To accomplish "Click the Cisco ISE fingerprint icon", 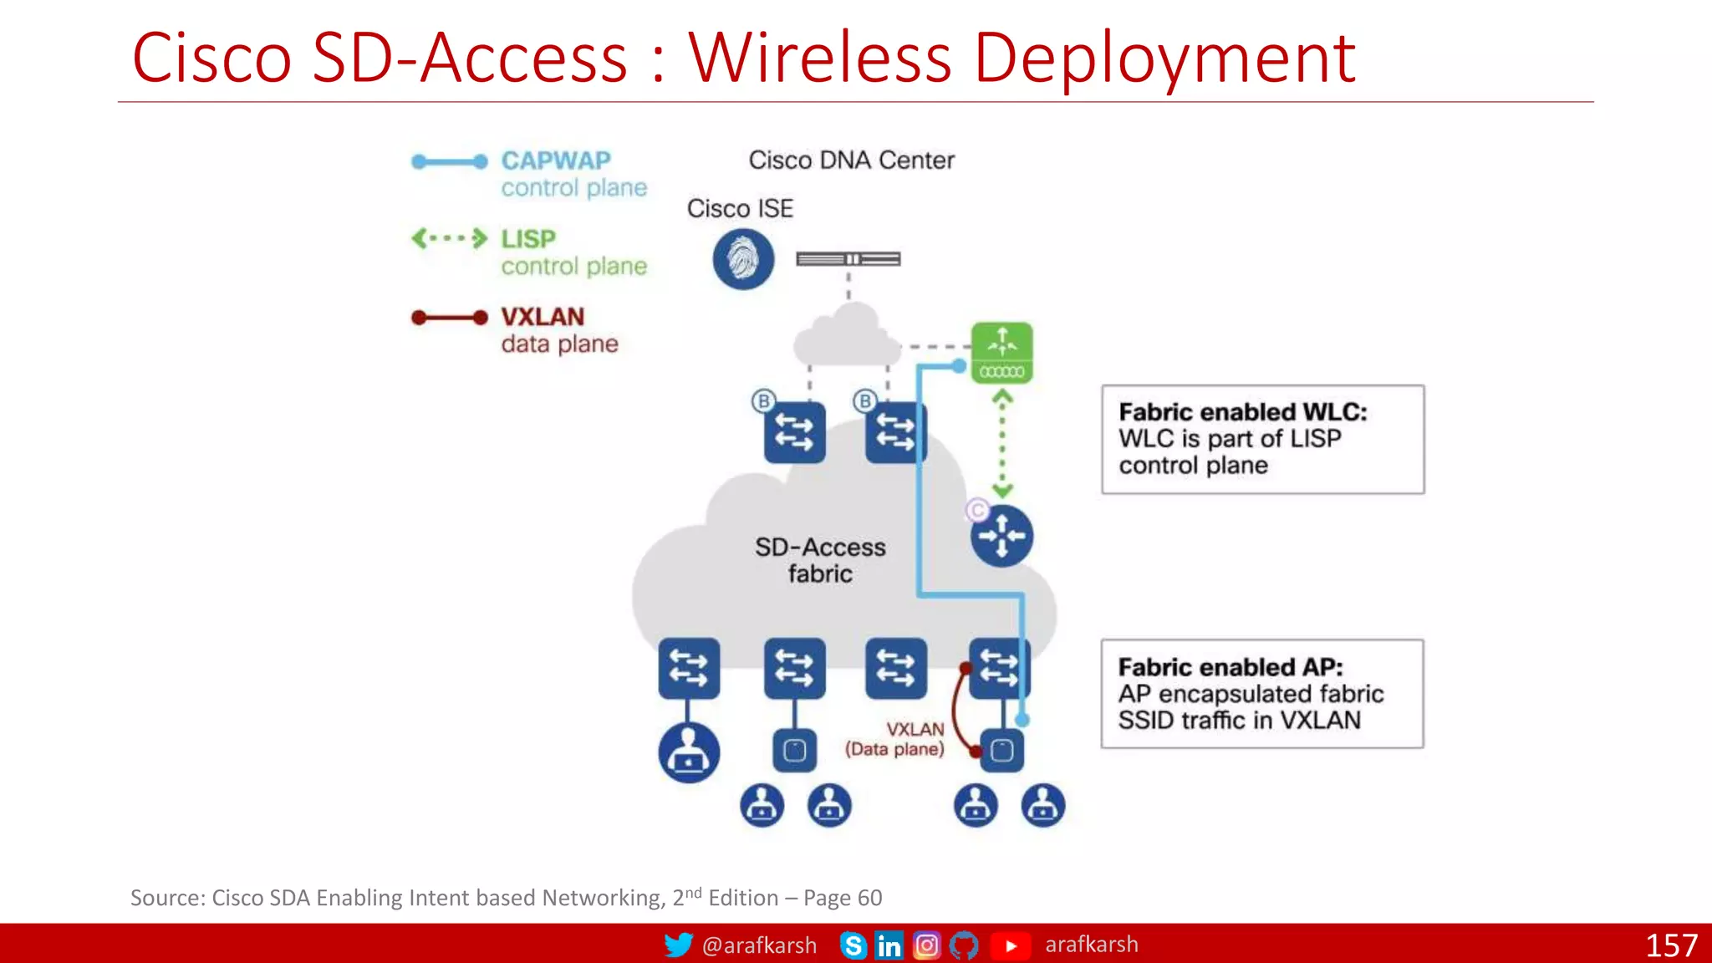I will click(743, 259).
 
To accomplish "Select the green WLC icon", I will click(1001, 352).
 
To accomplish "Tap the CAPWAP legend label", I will click(556, 160).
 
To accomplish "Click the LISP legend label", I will click(527, 239).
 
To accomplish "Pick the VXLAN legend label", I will click(543, 317).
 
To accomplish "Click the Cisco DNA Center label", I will click(851, 160).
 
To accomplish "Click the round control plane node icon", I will click(1001, 536).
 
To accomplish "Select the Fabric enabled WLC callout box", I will click(1262, 439).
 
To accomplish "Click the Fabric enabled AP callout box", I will click(1262, 693).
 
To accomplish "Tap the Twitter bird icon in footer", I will click(678, 945).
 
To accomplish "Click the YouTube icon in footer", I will click(1011, 945).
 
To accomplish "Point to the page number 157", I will click(1670, 945).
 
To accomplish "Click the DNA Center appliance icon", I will click(848, 259).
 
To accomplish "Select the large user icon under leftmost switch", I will click(688, 752).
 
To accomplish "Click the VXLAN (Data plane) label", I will click(895, 739).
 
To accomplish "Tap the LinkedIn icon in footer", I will click(889, 945).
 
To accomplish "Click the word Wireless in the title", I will click(819, 59).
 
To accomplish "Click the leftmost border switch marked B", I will click(794, 432).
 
